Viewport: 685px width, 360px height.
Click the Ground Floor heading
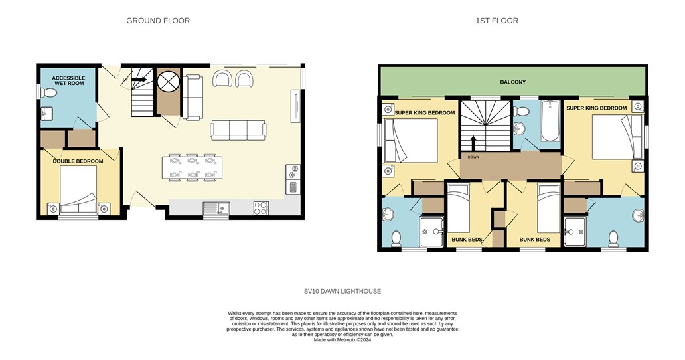[x=158, y=21]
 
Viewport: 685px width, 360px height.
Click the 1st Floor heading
[x=496, y=21]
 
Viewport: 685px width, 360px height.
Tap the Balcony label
[x=513, y=82]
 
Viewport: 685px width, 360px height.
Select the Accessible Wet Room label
[x=68, y=81]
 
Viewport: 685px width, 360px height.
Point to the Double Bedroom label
[x=78, y=161]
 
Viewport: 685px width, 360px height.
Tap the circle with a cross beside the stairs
[x=168, y=81]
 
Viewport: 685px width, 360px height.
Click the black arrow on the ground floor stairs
[x=139, y=80]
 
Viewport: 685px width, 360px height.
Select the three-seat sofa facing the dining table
[x=238, y=130]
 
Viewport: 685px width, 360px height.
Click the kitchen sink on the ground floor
[x=216, y=208]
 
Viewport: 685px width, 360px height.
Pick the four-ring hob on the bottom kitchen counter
[x=261, y=208]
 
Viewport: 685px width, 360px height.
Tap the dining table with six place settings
[x=192, y=167]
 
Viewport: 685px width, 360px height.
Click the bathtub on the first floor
[x=550, y=121]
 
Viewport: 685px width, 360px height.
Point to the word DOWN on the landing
[x=473, y=157]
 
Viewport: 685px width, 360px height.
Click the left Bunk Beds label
[x=467, y=239]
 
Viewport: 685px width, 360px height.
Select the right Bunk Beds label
[x=535, y=239]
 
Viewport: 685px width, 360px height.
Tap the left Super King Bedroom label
[x=425, y=113]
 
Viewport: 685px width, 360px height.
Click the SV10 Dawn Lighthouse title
[x=342, y=291]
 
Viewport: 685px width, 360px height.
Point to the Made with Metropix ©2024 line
[x=342, y=340]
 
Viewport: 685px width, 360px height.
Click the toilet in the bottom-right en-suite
[x=613, y=239]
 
